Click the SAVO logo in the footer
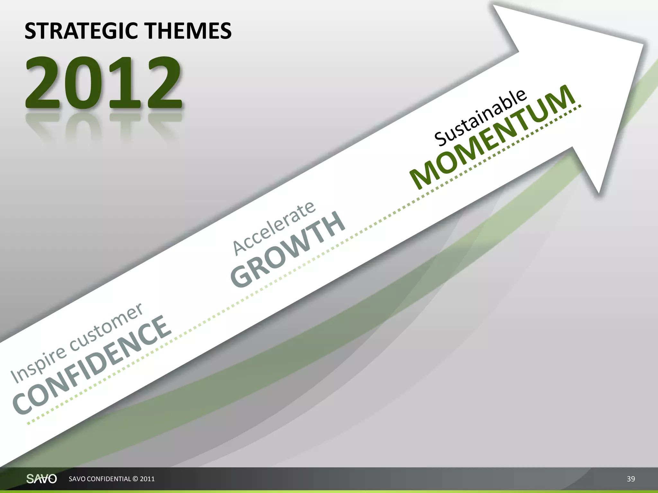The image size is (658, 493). pos(41,479)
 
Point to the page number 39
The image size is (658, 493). pos(631,479)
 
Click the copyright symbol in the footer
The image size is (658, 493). pos(135,479)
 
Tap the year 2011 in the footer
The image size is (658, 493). pos(147,479)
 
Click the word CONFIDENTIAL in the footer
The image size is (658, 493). pos(109,479)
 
